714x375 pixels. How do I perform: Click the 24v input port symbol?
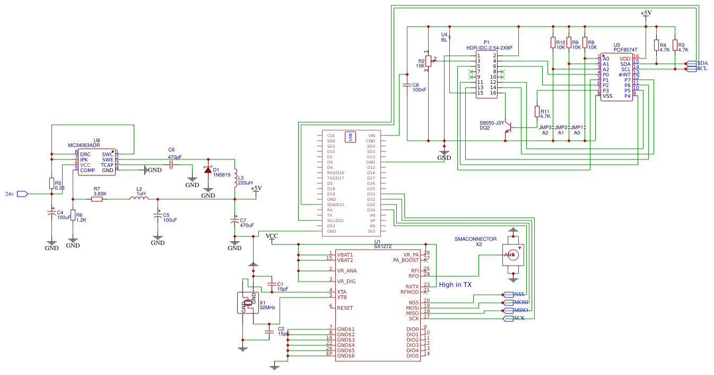click(22, 194)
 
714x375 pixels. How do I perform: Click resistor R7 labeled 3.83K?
click(100, 199)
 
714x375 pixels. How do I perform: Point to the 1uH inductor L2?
click(140, 199)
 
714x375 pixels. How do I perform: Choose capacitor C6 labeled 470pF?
click(171, 165)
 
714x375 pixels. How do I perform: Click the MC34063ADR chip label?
click(84, 145)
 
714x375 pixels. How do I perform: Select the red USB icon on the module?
click(350, 137)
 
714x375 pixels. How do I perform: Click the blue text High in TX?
click(455, 285)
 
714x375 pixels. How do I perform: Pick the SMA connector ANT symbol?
click(512, 255)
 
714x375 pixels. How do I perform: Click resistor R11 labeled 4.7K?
click(537, 112)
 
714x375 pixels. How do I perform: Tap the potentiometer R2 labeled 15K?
click(428, 62)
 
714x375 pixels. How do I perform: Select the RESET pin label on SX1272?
click(345, 308)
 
